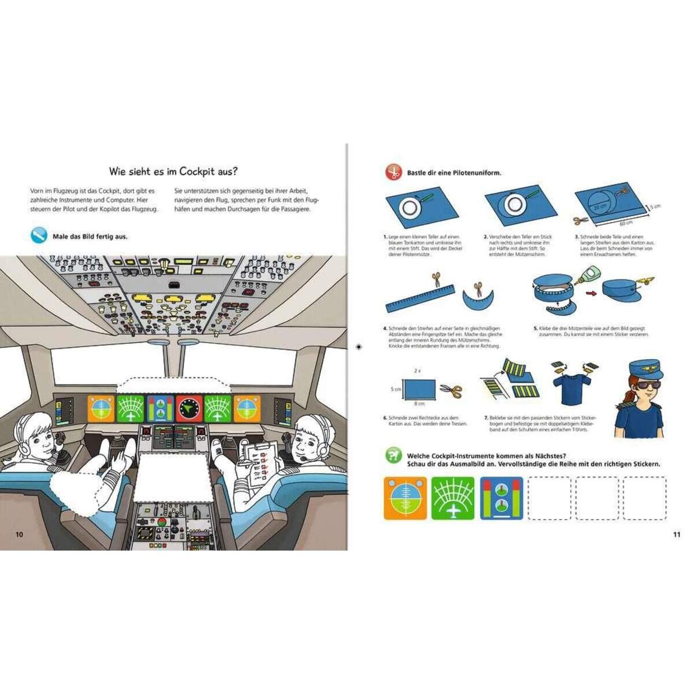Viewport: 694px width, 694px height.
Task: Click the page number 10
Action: [19, 534]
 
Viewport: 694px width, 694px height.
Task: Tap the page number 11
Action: [677, 534]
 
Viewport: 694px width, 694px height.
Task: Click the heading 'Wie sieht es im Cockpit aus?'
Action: [173, 171]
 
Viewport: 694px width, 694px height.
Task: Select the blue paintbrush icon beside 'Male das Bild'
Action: [39, 235]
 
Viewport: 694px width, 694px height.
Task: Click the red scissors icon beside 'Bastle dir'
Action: [394, 172]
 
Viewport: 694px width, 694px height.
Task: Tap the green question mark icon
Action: [394, 456]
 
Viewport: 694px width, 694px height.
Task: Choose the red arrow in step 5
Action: [591, 293]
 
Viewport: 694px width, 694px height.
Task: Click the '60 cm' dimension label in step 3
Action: [625, 222]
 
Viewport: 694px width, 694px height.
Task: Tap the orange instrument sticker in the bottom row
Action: [405, 498]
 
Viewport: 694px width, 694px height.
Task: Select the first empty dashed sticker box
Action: [549, 498]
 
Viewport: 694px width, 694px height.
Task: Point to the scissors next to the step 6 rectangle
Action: [451, 391]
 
